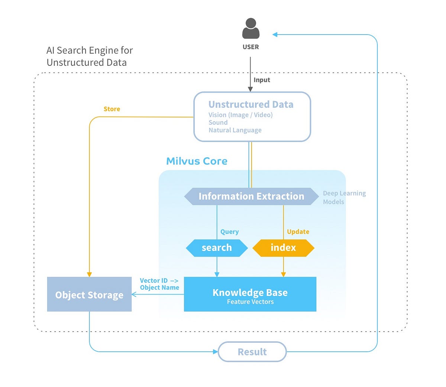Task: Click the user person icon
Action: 251,29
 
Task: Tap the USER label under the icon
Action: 251,47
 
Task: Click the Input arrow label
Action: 262,80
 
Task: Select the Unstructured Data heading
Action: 251,104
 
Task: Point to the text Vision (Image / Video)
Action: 240,115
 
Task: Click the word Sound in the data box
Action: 218,122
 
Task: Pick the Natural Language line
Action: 235,130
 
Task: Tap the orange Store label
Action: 112,109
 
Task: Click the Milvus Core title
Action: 197,161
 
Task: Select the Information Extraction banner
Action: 251,196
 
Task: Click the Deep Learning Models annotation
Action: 344,197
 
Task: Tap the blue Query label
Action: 229,232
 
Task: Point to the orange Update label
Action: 298,232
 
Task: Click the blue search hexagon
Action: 217,248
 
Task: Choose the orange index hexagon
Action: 283,248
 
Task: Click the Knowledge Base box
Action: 250,294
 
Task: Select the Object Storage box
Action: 89,294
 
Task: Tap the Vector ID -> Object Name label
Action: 159,284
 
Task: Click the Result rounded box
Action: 252,352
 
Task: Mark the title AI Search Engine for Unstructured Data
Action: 90,56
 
